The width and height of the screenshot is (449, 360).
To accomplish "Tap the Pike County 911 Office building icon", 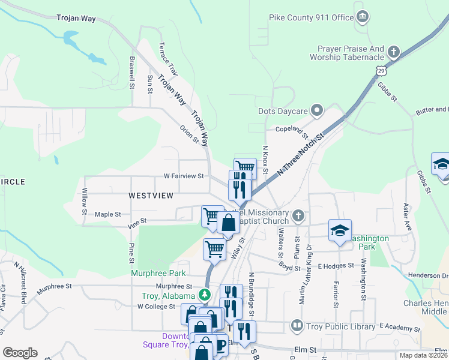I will (x=363, y=16).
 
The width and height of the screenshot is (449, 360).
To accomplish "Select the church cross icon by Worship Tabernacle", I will (x=394, y=51).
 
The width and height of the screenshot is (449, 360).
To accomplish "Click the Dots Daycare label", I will (x=283, y=111).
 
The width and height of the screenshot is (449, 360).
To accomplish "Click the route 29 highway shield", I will (x=382, y=71).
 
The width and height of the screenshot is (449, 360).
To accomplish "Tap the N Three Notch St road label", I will (x=301, y=155).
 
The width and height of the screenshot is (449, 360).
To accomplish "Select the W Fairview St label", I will (x=184, y=176).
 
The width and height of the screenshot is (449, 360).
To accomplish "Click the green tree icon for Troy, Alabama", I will (x=205, y=295).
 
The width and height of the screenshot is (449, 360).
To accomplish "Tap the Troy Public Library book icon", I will (x=297, y=326).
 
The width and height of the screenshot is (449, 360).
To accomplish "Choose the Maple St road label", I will (x=108, y=214).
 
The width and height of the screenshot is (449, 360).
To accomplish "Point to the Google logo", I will (x=20, y=353).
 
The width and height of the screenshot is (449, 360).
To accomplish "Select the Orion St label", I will (x=189, y=134).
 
